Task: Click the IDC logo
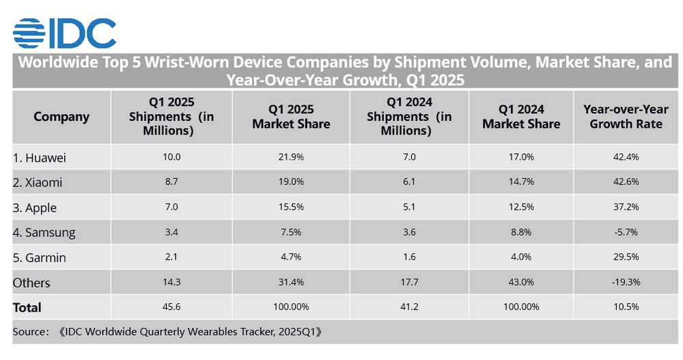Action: point(64,33)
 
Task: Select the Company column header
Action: point(61,117)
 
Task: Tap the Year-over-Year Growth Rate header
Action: point(626,117)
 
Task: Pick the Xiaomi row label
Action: point(39,183)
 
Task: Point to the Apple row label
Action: point(35,208)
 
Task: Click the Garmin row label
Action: point(40,258)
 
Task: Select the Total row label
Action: point(27,307)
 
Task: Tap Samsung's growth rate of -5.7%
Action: point(626,232)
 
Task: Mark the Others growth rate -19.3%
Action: point(626,282)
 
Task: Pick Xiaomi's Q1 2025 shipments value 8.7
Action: point(171,183)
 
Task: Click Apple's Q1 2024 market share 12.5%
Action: point(521,208)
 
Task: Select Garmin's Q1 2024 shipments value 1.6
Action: point(409,258)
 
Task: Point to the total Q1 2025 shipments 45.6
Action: point(171,307)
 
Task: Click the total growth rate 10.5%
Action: point(626,307)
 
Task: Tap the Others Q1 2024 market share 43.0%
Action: point(521,282)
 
